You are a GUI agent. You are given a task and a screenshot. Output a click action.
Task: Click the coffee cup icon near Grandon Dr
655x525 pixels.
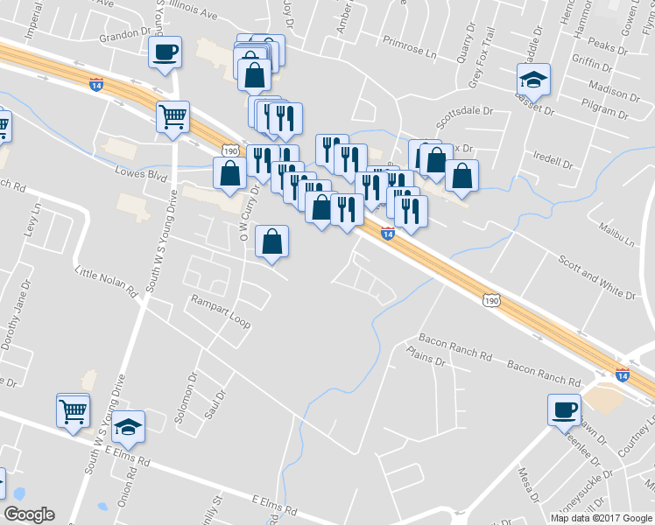point(166,52)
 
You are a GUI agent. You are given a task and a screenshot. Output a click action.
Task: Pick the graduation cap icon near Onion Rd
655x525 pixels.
point(129,427)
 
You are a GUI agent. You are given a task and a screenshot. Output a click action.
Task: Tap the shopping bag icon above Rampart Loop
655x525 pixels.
point(272,241)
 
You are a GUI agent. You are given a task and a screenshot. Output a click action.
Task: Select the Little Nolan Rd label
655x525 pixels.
point(106,281)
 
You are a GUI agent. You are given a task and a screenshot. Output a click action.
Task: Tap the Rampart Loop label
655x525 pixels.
point(222,312)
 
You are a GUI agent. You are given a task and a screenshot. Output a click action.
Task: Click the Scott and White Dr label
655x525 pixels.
point(595,271)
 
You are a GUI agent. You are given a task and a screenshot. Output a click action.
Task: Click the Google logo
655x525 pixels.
point(29,514)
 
